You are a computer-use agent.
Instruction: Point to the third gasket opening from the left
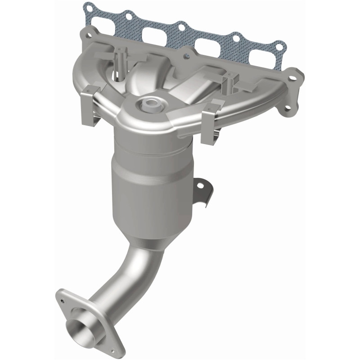[x=207, y=46]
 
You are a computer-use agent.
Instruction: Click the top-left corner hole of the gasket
[x=88, y=8]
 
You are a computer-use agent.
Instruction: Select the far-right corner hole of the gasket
[x=281, y=45]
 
